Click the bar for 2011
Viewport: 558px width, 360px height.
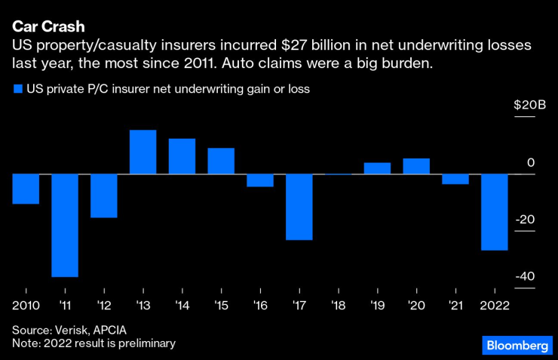(65, 226)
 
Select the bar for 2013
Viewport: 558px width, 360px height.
(143, 152)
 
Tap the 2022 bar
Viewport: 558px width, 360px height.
(494, 212)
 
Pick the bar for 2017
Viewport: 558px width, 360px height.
(299, 207)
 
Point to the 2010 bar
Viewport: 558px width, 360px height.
(26, 189)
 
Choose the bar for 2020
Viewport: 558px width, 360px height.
(416, 166)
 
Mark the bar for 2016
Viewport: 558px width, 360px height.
(260, 180)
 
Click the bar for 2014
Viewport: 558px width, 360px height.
(182, 156)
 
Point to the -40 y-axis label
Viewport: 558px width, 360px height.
(525, 276)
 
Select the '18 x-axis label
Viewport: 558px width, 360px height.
(338, 305)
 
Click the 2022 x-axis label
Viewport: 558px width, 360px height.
(495, 305)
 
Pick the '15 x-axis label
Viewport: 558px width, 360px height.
(221, 305)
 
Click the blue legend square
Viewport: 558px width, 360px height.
(17, 88)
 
